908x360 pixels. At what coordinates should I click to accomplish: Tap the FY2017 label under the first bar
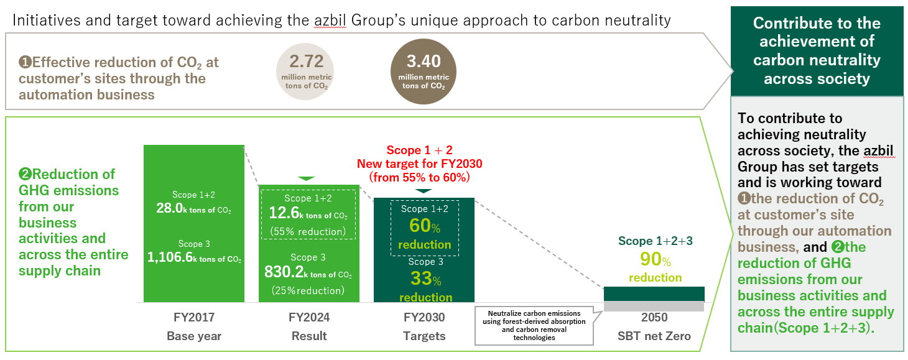pos(194,318)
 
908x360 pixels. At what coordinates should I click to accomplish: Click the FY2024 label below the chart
pos(309,318)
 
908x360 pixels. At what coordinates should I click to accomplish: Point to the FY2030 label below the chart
pos(424,318)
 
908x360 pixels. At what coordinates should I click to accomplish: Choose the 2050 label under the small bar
pos(654,318)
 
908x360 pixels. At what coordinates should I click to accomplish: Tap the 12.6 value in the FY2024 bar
pos(283,213)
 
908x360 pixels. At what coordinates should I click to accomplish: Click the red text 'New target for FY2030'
pos(419,164)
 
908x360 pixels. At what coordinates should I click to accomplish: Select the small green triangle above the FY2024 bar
pos(307,179)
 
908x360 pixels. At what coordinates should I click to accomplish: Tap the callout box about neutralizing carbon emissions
pos(534,325)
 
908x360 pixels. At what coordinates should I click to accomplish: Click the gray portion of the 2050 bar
pos(654,307)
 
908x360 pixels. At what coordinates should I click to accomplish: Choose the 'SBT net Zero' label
pos(654,336)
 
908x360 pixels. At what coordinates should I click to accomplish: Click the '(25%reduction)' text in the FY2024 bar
pos(307,290)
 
